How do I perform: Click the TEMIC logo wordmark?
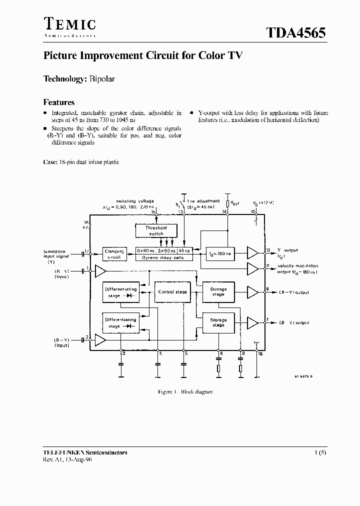point(69,24)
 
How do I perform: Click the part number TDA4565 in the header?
point(295,33)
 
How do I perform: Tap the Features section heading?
point(59,102)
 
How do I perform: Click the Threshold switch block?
point(154,230)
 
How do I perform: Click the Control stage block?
point(172,291)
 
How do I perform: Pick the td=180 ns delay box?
point(219,253)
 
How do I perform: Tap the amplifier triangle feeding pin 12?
point(253,253)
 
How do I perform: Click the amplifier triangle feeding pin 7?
point(253,323)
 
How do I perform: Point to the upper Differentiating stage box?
point(120,292)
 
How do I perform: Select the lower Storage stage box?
point(218,322)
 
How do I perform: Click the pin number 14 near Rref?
point(224,212)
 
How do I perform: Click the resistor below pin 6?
point(219,369)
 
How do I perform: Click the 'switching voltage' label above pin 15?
point(134,201)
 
